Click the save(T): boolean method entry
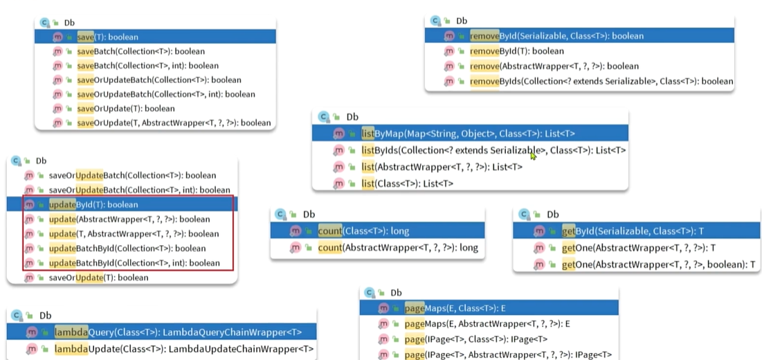pyautogui.click(x=107, y=37)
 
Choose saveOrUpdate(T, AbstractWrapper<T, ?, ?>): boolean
pyautogui.click(x=173, y=123)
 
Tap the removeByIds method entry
pyautogui.click(x=601, y=81)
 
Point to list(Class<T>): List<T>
pyautogui.click(x=407, y=183)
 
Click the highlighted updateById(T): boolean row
pyautogui.click(x=93, y=205)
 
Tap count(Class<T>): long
pyautogui.click(x=363, y=231)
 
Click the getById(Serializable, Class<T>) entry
pyautogui.click(x=633, y=231)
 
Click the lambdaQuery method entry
pyautogui.click(x=178, y=332)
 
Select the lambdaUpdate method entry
pyautogui.click(x=183, y=349)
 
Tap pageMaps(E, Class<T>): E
pyautogui.click(x=460, y=308)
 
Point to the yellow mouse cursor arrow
pyautogui.click(x=533, y=156)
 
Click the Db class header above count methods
pyautogui.click(x=308, y=215)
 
